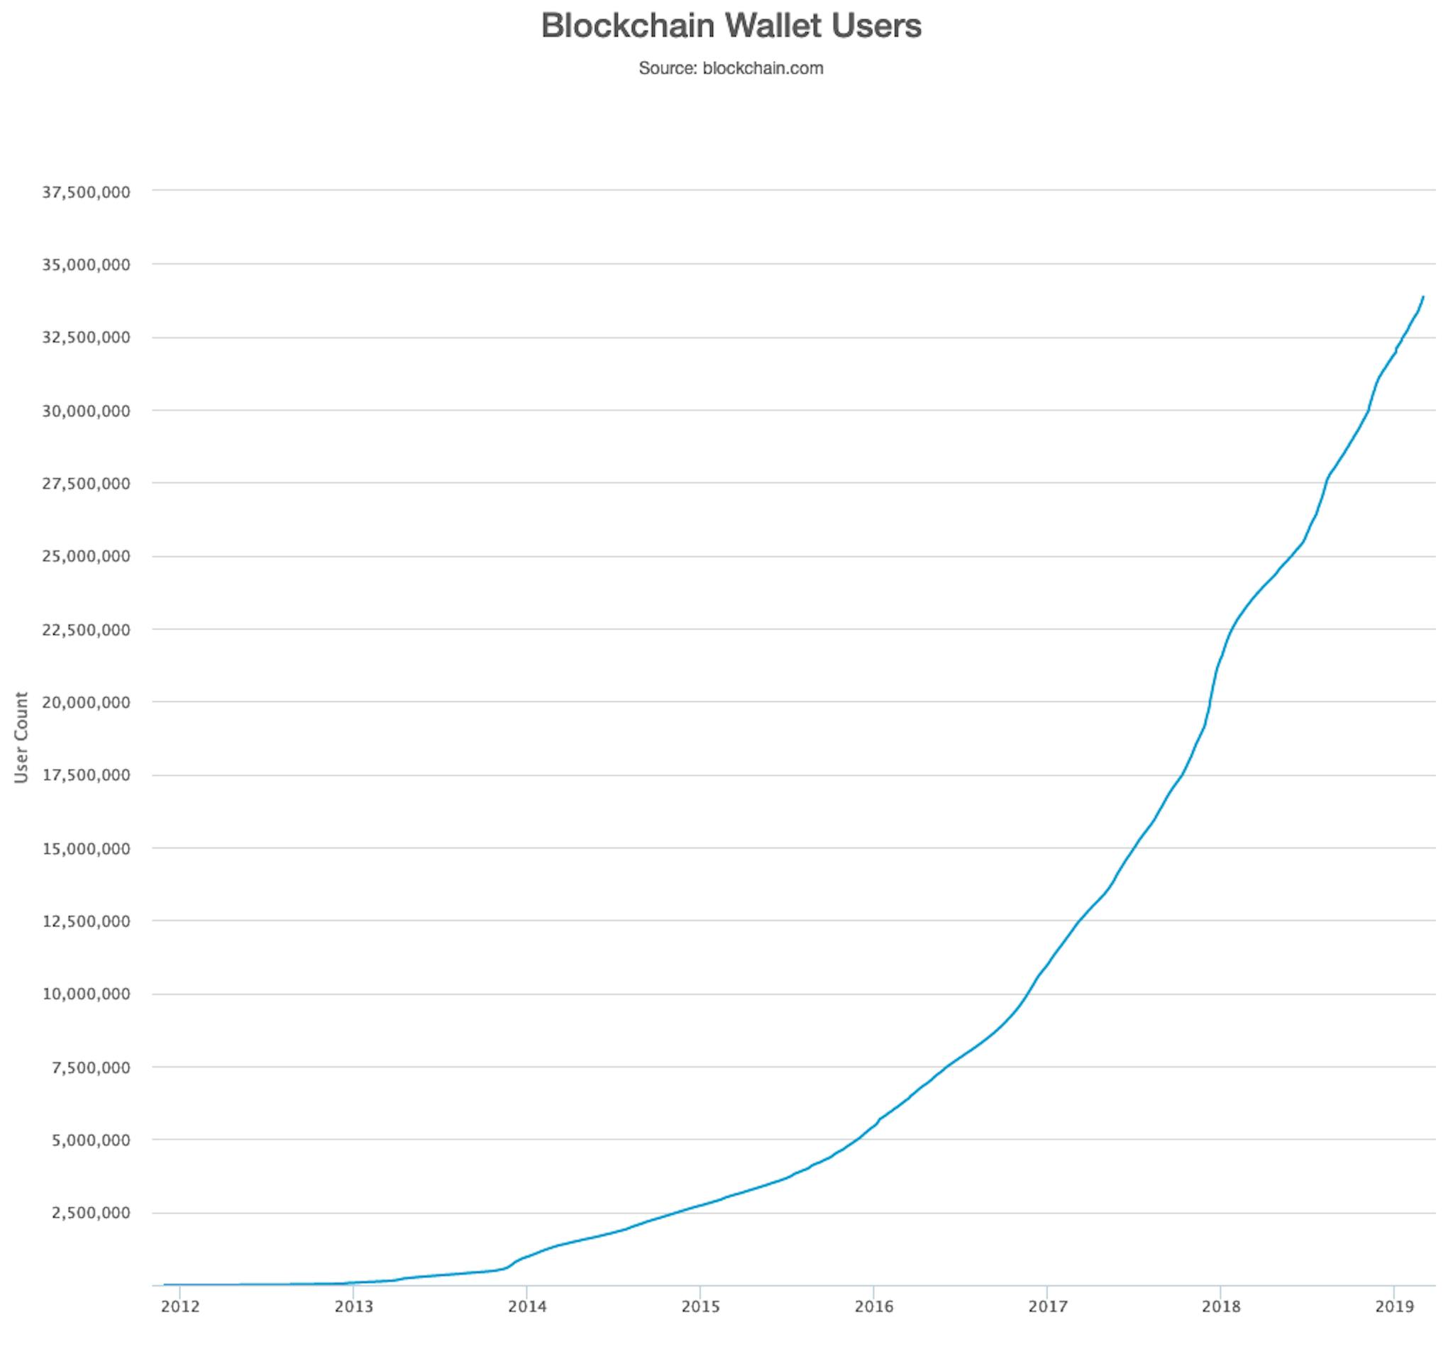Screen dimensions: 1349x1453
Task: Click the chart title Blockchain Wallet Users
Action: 731,26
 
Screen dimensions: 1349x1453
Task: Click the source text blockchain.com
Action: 762,69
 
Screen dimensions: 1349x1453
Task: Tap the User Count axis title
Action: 21,738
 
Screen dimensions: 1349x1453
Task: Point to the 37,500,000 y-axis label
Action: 86,192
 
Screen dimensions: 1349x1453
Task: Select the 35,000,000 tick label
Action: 86,265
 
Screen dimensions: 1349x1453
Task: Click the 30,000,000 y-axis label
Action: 86,411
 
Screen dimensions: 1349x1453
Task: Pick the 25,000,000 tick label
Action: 86,556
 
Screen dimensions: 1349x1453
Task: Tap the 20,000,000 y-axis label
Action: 86,702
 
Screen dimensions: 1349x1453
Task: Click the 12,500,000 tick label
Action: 86,921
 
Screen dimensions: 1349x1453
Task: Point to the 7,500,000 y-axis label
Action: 91,1067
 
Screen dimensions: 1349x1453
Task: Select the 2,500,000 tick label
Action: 91,1214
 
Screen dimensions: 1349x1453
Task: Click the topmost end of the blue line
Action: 1423,297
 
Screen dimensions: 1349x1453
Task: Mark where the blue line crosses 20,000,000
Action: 1210,701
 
